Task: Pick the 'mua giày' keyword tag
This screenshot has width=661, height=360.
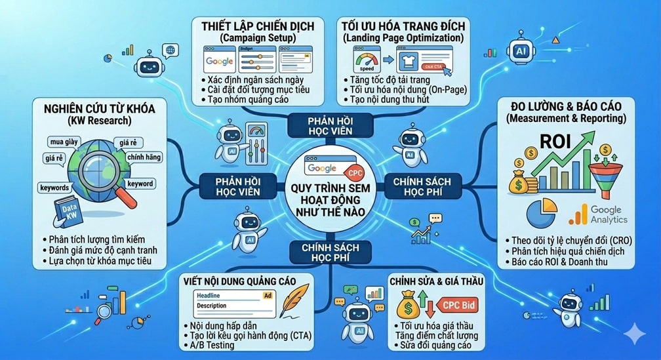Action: point(66,142)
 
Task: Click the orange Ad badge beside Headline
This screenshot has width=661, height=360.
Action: point(267,295)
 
